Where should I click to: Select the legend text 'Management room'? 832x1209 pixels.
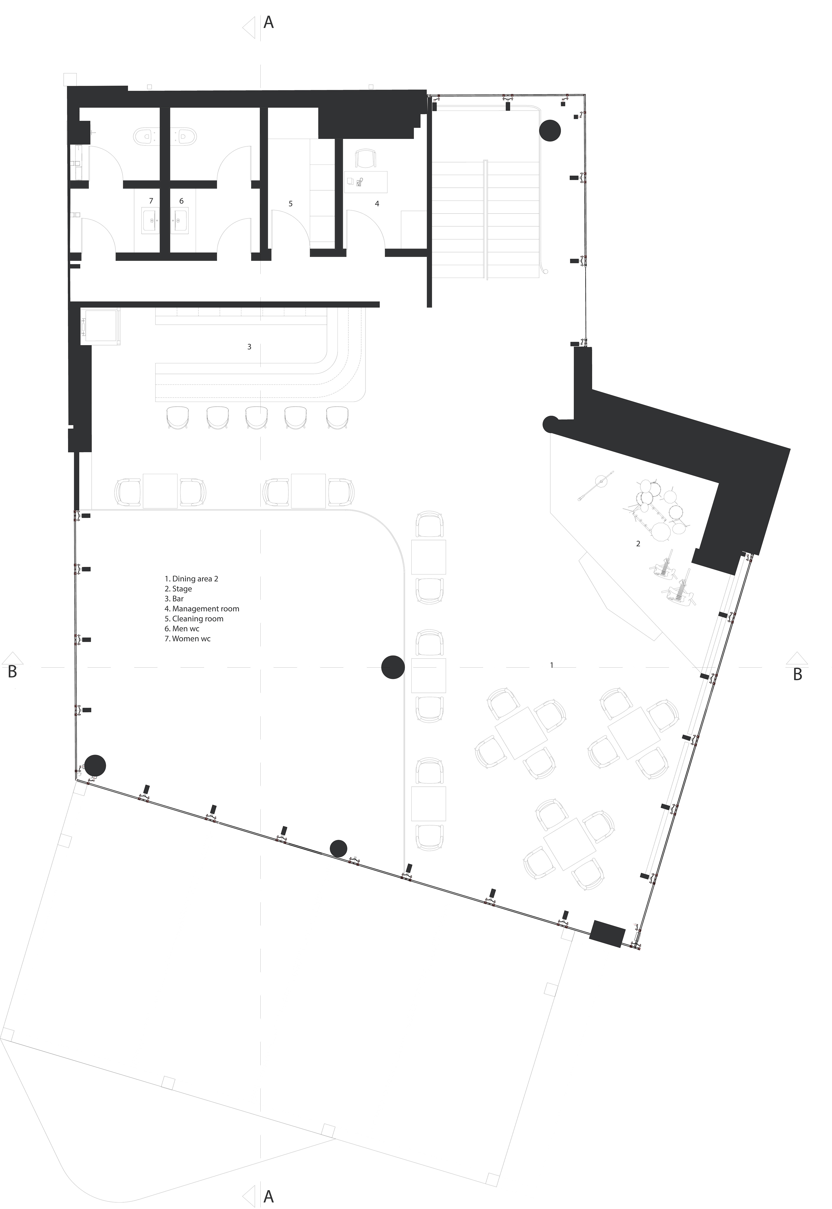coord(206,609)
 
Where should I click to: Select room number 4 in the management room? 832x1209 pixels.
coord(377,203)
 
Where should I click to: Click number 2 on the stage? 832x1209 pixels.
coord(638,543)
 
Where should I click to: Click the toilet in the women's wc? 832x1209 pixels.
coord(145,137)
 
